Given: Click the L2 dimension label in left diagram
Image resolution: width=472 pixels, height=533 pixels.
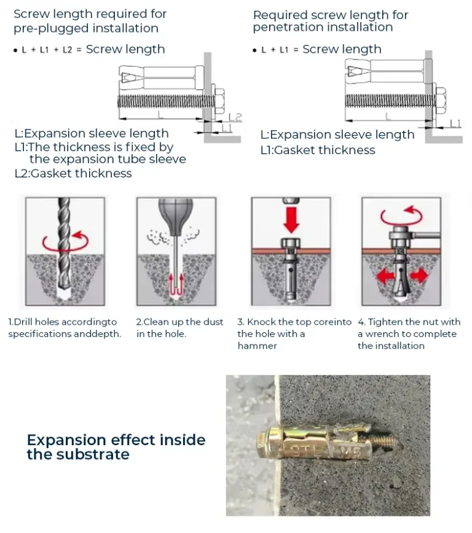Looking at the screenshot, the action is tap(235, 118).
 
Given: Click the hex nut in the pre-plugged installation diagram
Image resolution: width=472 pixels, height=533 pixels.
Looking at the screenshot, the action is tap(220, 101).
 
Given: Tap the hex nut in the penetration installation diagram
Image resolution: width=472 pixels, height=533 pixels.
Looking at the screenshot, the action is tap(441, 100).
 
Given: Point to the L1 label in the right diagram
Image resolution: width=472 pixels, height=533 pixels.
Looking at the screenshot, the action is tap(455, 123).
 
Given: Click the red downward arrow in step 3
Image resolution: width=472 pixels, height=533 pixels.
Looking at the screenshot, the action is tap(291, 220).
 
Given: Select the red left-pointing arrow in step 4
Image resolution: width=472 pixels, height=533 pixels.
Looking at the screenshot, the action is tap(385, 276).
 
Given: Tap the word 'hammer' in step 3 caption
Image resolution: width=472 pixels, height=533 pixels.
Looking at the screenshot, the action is tap(258, 346).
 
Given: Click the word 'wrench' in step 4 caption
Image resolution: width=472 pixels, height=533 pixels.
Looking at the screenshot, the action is tap(382, 334).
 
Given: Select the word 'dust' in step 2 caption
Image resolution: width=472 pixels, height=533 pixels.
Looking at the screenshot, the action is tap(213, 322).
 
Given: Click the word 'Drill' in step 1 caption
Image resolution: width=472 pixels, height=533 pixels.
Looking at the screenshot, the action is tap(23, 322).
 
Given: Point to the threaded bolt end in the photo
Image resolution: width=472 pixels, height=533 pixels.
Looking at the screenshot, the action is tap(385, 443).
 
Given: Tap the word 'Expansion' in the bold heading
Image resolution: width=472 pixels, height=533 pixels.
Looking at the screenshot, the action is tap(68, 440).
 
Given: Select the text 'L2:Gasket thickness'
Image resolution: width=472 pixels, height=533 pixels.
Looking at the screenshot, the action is tap(73, 173).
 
